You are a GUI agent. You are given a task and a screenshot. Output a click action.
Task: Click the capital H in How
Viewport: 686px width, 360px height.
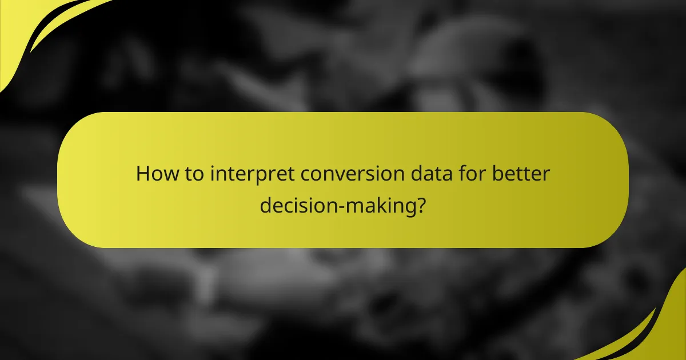click(x=142, y=173)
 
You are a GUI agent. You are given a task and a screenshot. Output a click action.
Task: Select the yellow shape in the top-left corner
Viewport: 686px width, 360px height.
click(x=23, y=29)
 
